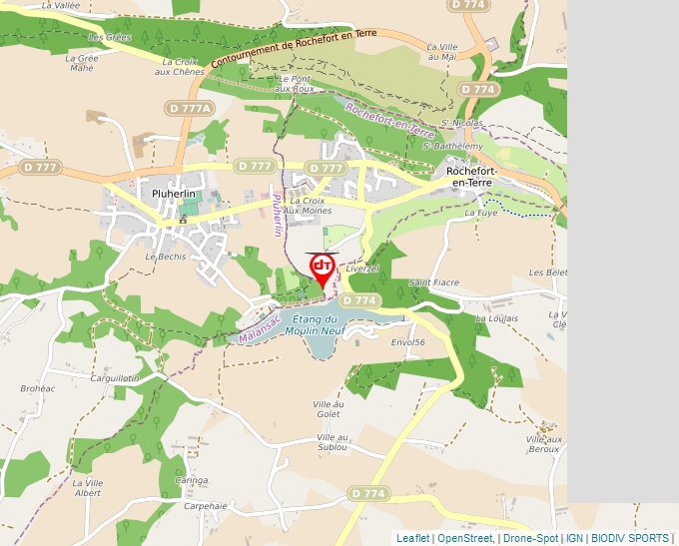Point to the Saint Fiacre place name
434,282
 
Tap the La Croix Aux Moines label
308,206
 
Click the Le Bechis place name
166,257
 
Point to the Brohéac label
38,388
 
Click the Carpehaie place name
206,506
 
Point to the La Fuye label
481,213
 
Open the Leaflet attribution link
412,538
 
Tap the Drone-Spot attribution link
530,538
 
